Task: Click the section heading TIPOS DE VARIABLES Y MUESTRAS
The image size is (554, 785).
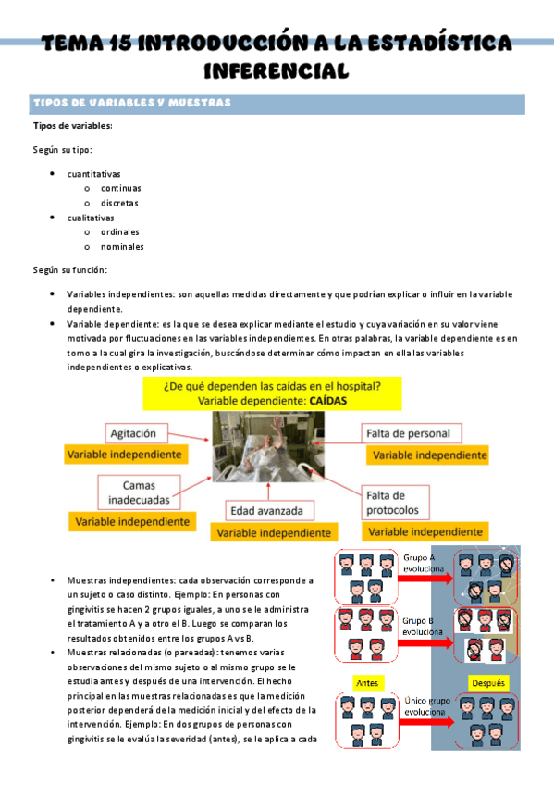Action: tap(131, 102)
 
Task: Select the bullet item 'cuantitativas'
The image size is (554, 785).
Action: tap(93, 173)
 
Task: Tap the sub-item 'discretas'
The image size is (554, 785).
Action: tap(120, 203)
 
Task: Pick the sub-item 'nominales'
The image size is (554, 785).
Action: tap(122, 247)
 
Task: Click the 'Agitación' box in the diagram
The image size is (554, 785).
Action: tap(140, 432)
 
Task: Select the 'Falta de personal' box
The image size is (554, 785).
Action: tap(408, 432)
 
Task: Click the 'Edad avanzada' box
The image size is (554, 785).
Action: tap(271, 510)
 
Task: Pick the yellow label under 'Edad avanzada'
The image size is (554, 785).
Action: tap(271, 532)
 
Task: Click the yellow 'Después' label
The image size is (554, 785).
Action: tap(487, 683)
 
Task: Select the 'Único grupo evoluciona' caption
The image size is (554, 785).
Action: tap(426, 707)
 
